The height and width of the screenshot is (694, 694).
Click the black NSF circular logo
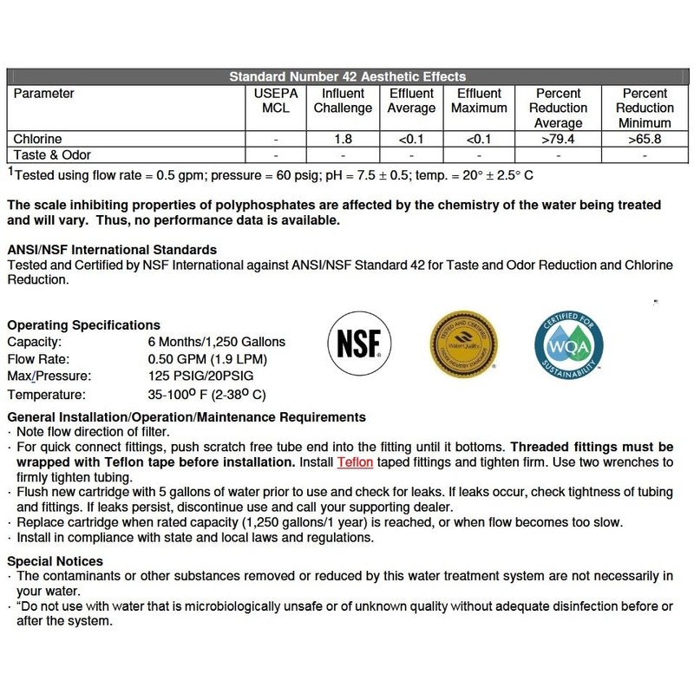click(356, 345)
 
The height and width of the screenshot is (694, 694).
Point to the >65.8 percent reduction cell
click(644, 138)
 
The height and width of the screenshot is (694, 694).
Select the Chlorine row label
click(38, 138)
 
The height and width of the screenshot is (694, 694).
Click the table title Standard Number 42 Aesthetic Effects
click(347, 77)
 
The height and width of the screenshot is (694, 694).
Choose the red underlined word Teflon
click(355, 462)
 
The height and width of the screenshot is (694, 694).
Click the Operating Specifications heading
click(83, 325)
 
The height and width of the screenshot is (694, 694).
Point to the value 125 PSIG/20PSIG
click(206, 376)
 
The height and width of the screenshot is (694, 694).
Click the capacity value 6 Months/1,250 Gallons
click(217, 342)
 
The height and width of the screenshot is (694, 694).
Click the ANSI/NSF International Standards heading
click(111, 250)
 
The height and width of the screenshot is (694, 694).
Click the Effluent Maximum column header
click(478, 101)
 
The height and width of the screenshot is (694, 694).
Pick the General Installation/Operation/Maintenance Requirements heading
click(186, 417)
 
